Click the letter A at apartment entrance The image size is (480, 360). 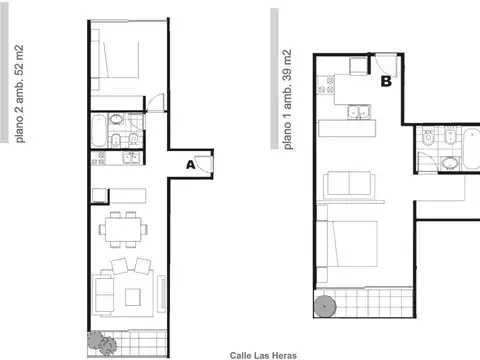point(190,165)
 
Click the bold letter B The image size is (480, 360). point(386,81)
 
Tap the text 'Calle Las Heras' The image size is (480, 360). point(263,356)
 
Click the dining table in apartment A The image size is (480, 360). point(123,229)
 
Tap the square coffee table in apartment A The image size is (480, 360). point(133,297)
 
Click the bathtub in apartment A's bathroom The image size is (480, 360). point(99,131)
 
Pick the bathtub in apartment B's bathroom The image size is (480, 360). point(471,149)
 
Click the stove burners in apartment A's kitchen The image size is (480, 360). point(98,158)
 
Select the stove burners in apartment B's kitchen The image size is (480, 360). point(326,85)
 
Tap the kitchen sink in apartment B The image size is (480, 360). point(359,112)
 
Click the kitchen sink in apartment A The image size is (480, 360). point(132,158)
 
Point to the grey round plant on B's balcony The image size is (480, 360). point(325,306)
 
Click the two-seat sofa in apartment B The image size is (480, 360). point(349,183)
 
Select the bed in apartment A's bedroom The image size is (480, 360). point(115,60)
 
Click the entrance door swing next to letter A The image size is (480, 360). point(204,164)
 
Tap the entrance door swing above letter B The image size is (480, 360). point(387,65)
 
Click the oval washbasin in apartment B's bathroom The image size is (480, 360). point(450,164)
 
